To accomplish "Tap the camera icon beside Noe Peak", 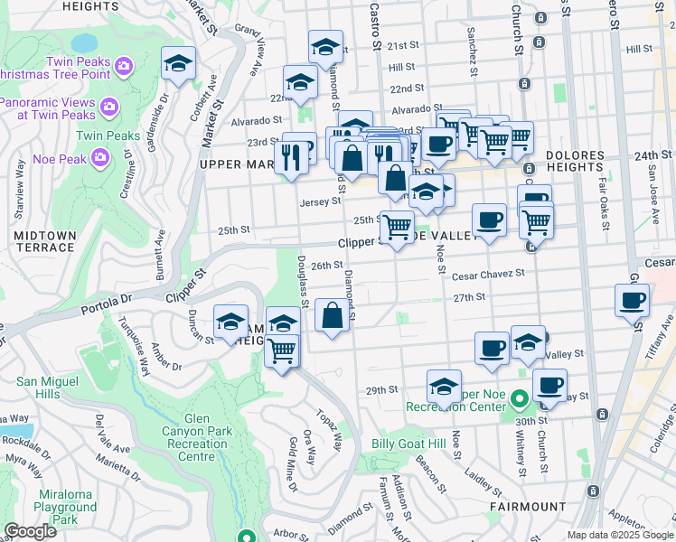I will pyautogui.click(x=100, y=158).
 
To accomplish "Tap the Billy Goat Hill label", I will pyautogui.click(x=408, y=444).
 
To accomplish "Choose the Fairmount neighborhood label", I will pyautogui.click(x=528, y=507).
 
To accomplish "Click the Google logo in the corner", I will pyautogui.click(x=30, y=530).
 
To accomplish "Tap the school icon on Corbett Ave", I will pyautogui.click(x=178, y=64).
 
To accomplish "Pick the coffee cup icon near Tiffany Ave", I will pyautogui.click(x=632, y=300).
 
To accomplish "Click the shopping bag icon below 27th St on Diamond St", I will pyautogui.click(x=333, y=315).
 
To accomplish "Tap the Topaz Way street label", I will pyautogui.click(x=329, y=430).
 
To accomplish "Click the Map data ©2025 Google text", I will pyautogui.click(x=619, y=535).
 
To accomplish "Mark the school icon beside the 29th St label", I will pyautogui.click(x=444, y=386).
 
